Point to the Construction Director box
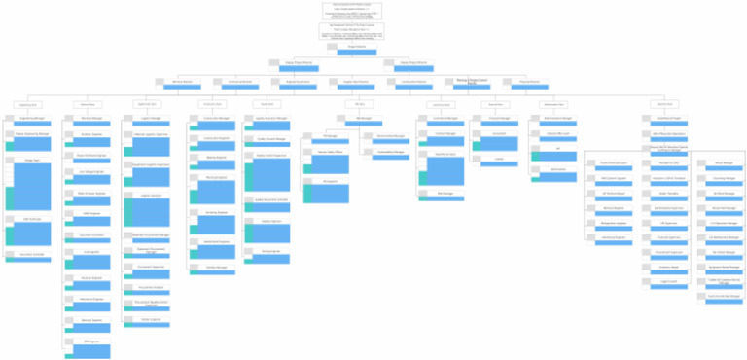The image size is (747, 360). point(412,83)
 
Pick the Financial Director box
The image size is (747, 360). point(527,83)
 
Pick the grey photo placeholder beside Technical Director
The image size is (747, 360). point(159,83)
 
